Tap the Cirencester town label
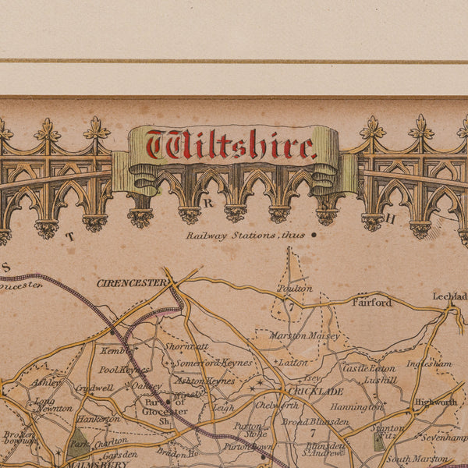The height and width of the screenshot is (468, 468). (133, 283)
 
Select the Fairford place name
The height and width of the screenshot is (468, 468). (371, 302)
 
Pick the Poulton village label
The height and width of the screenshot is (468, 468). (295, 289)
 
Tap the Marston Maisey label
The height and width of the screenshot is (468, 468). (304, 335)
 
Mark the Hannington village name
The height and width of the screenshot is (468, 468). (356, 406)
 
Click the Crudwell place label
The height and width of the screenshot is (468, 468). (94, 387)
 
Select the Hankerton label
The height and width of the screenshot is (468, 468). (100, 418)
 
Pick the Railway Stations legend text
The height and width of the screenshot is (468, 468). (242, 235)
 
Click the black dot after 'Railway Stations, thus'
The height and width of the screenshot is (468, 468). (314, 234)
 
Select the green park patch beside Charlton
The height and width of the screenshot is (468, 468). (78, 446)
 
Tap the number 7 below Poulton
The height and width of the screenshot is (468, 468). (290, 307)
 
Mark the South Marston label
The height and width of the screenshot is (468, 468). (417, 459)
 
